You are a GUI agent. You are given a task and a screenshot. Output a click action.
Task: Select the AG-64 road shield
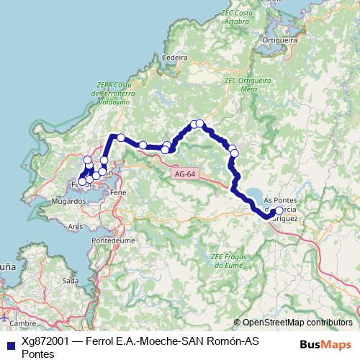point(184,174)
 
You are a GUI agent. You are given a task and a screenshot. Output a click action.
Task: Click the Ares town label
point(75,226)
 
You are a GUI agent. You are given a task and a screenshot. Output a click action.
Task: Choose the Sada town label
point(71,280)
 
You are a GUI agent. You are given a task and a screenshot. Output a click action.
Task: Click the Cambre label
point(22,323)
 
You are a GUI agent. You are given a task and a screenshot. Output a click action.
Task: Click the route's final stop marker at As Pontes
point(279,212)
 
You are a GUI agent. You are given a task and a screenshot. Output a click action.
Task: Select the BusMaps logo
point(326,344)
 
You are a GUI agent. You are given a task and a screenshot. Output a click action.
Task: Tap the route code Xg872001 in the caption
point(46,341)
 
